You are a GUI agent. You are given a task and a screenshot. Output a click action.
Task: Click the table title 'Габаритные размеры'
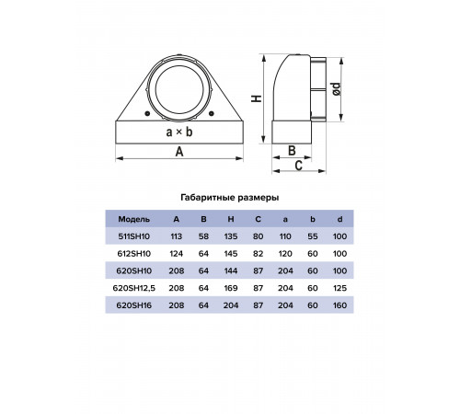(230, 198)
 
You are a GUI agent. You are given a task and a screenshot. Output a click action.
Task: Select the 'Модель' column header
(134, 219)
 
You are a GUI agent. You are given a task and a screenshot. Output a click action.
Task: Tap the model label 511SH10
(134, 236)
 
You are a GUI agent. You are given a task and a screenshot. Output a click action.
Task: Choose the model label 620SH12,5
(134, 288)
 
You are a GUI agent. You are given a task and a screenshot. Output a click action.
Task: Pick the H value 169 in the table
(231, 288)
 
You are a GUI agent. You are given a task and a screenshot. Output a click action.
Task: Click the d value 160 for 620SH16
(339, 305)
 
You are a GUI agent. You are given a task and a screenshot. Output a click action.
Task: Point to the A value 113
(177, 236)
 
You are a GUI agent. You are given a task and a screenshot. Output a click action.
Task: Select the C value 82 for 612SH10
(259, 254)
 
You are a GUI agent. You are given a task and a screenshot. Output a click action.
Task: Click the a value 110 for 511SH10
(285, 236)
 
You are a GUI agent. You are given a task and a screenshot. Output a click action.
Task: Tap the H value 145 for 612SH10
(231, 254)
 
